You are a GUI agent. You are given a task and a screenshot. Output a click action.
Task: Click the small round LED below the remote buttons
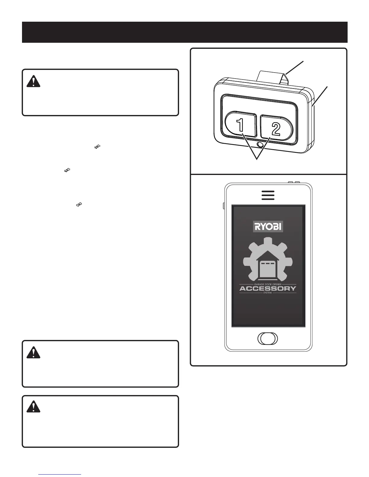259,145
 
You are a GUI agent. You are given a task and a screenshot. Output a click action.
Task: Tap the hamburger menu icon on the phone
268,195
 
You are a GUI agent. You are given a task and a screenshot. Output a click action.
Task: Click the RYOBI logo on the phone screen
268,226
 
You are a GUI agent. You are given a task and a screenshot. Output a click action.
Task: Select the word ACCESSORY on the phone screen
268,288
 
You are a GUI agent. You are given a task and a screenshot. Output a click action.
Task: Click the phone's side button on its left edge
224,206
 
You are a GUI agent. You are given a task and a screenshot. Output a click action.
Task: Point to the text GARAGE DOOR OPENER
268,284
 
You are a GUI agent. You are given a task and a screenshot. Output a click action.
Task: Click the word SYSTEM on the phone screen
268,293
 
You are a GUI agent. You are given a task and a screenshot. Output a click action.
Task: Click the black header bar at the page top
184,32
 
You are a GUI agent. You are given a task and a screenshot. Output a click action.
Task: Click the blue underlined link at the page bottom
60,475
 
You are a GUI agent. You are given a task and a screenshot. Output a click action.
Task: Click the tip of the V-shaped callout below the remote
257,159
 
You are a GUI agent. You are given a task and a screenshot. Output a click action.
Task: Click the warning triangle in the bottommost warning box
33,407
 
